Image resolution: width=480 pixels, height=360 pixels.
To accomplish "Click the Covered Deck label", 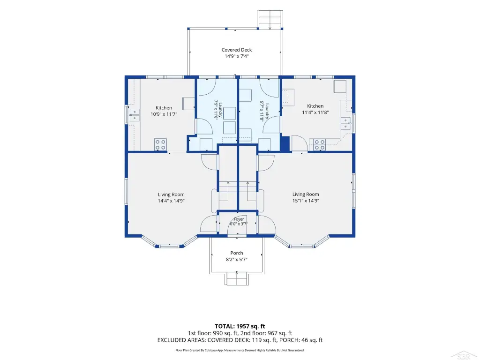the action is point(237,50).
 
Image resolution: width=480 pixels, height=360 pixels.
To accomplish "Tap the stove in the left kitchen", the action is point(160,144).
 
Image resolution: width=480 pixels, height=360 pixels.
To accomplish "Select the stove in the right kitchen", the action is point(319,145).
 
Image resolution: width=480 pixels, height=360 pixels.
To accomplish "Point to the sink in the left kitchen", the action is point(135,115).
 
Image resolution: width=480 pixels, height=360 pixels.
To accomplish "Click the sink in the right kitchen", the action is point(345,123).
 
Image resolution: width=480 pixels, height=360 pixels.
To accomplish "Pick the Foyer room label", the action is point(239,219).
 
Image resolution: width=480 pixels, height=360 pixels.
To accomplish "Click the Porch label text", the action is point(237,253).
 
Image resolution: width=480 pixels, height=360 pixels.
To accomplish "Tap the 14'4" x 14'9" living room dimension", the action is point(171,201).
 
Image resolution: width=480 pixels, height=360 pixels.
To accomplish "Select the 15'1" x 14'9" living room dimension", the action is point(306,201).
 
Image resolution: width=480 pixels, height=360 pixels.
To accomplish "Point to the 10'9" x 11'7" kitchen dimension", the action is point(164,114).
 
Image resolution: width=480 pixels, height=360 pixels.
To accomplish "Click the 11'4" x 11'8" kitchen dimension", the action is point(315,112).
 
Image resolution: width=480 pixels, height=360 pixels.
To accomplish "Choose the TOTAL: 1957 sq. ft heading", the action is point(240,326).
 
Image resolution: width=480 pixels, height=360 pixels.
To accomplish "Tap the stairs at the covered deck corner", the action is point(270,20).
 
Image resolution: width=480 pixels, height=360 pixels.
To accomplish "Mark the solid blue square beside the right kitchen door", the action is point(285,143).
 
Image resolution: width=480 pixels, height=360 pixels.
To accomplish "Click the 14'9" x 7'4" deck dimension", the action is point(237,56).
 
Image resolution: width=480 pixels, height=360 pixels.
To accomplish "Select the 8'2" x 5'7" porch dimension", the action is point(237,260).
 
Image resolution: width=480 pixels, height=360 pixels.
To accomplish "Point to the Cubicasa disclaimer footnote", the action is point(240,350).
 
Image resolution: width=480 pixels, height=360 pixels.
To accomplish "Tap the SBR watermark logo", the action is point(464,355).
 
